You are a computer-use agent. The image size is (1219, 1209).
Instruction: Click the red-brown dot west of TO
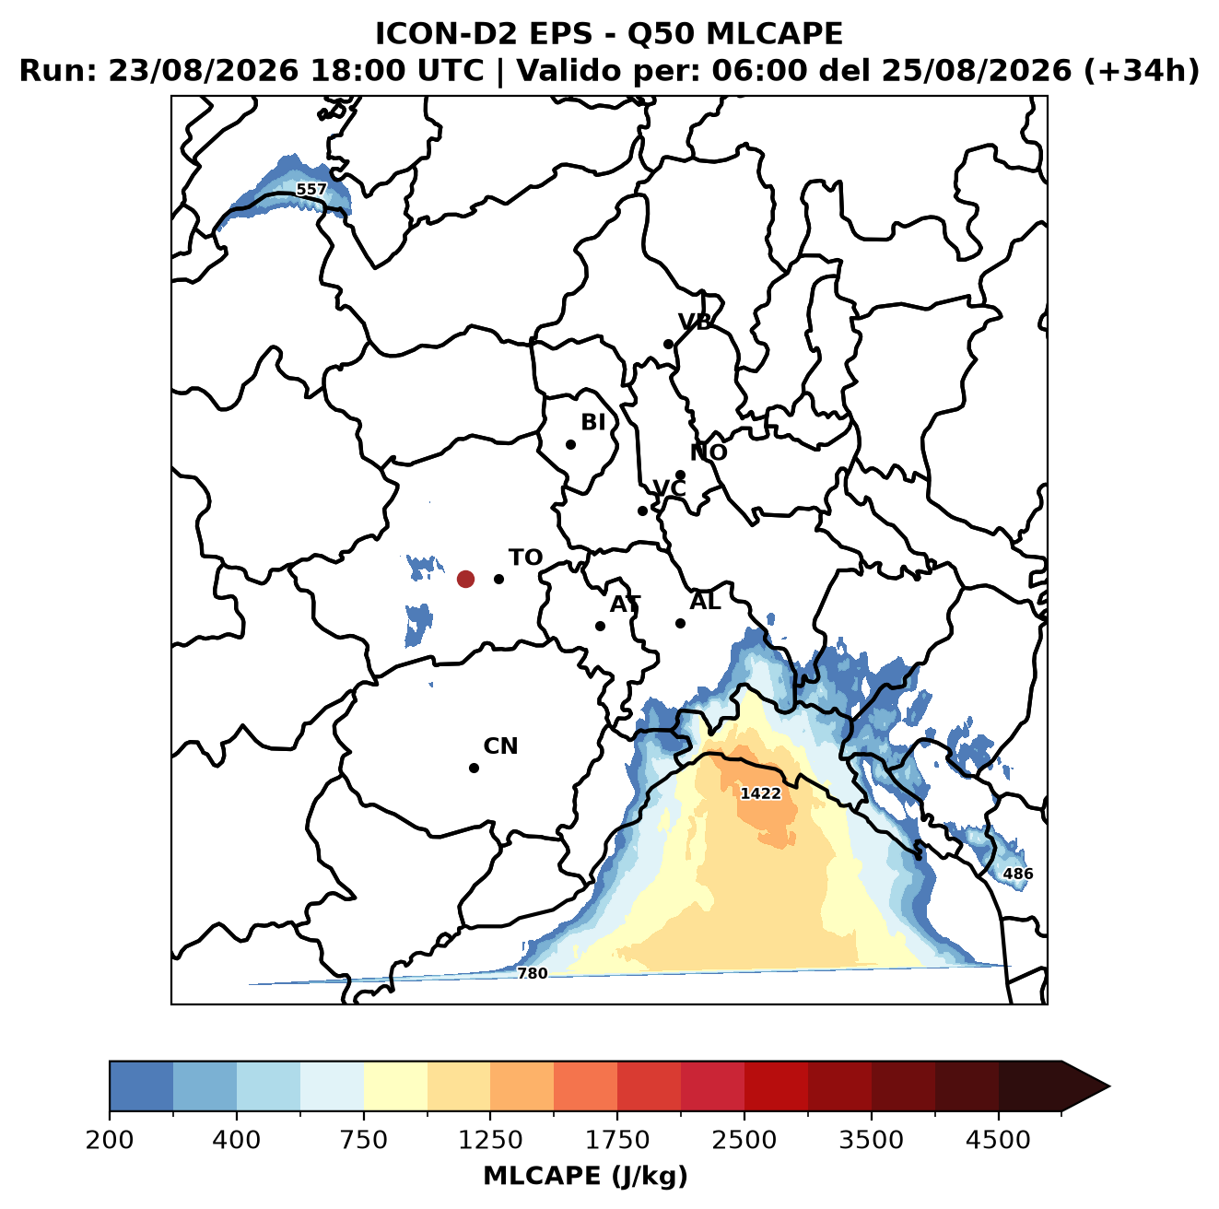[x=465, y=579]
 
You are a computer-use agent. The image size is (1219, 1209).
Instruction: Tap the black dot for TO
[x=498, y=579]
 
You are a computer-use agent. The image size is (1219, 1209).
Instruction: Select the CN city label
[x=500, y=746]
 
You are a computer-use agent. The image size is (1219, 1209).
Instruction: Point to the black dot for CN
[x=474, y=768]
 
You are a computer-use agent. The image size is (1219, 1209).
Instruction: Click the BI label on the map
[x=592, y=422]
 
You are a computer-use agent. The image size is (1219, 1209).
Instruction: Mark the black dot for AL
[x=680, y=623]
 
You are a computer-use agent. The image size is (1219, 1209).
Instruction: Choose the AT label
[x=625, y=604]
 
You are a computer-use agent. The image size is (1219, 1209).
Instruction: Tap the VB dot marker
[x=668, y=344]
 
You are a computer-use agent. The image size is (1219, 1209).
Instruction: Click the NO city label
[x=708, y=452]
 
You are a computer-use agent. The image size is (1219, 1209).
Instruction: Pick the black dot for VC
[x=642, y=511]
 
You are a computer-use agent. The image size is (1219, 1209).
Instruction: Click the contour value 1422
[x=760, y=793]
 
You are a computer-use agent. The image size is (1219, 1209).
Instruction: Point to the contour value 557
[x=311, y=189]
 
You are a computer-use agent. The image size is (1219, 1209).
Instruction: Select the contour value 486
[x=1018, y=874]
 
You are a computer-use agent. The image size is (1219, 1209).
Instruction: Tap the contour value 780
[x=532, y=974]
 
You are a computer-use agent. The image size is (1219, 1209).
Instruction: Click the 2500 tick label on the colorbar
[x=744, y=1140]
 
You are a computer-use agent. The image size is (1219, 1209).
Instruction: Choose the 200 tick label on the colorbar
[x=110, y=1140]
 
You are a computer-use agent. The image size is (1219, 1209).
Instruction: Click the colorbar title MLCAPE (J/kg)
[x=585, y=1176]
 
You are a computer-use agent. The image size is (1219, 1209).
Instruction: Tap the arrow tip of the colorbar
[x=1109, y=1086]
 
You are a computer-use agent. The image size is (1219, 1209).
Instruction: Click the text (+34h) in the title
[x=1141, y=71]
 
